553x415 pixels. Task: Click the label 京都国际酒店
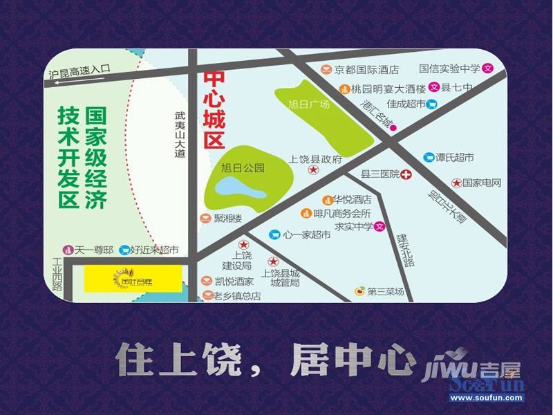coord(367,69)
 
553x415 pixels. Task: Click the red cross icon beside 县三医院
coord(406,175)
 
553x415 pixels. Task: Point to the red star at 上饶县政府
coord(313,169)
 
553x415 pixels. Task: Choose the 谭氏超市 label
coord(455,158)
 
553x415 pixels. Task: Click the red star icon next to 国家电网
coord(456,183)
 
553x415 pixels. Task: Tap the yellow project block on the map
coord(133,279)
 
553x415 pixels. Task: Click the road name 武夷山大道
coord(180,136)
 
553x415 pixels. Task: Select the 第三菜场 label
coord(385,292)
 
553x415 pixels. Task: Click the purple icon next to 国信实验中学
coord(487,68)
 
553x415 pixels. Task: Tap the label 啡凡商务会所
coord(341,213)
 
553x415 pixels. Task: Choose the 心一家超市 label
coord(306,234)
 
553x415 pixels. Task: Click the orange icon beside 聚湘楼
coord(205,219)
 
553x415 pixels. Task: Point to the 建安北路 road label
coord(405,250)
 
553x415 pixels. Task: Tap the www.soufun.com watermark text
coord(487,398)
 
